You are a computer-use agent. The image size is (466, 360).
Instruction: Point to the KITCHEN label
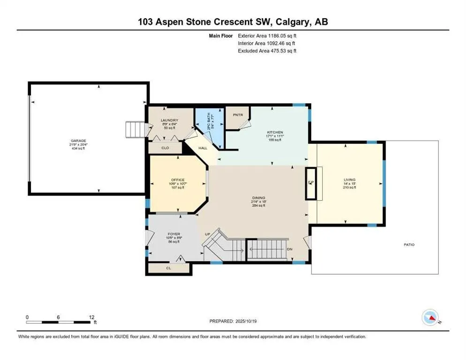pos(274,133)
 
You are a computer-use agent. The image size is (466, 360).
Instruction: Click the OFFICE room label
pos(178,180)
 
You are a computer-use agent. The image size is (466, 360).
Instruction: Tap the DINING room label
pos(258,198)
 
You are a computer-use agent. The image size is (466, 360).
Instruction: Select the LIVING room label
pos(349,180)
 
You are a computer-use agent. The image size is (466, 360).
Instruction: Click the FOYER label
pos(174,234)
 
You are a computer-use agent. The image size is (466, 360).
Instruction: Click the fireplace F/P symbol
pos(311,182)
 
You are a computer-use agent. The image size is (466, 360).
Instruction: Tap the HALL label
pos(203,148)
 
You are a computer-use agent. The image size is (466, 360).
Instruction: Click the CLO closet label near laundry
pos(165,148)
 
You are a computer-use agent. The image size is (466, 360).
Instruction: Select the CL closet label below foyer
pos(168,269)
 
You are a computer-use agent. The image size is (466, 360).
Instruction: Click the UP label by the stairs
pos(207,234)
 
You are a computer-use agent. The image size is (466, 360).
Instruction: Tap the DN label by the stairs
pos(290,249)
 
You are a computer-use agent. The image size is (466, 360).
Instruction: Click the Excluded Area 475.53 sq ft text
pos(267,51)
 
